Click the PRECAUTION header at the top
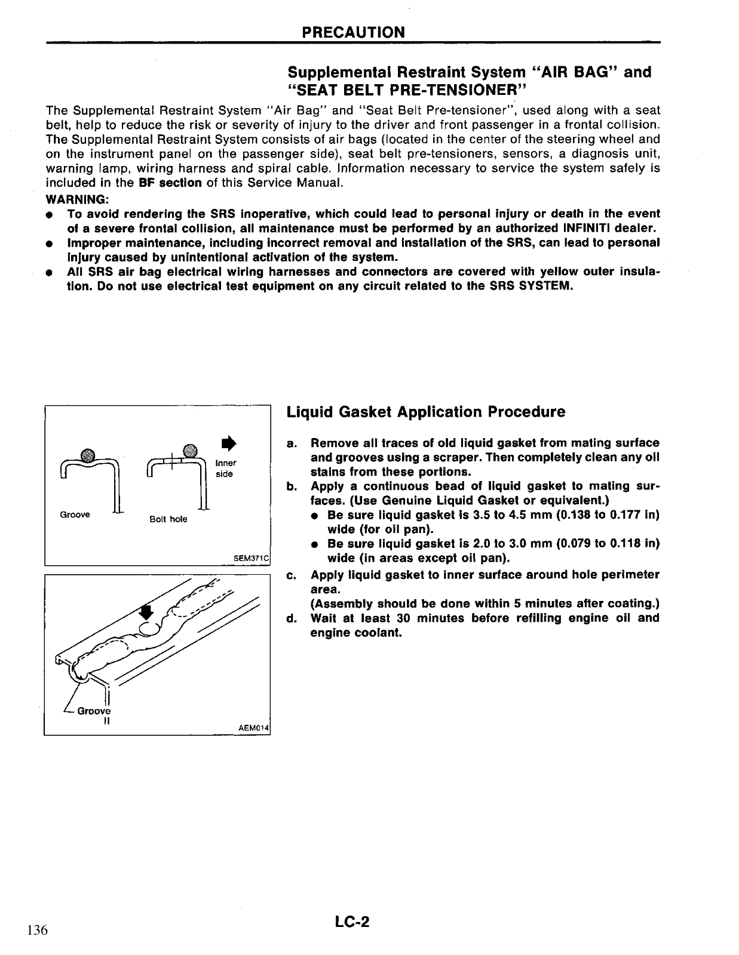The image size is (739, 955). coord(353,32)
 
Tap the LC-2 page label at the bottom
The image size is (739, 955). coord(352,922)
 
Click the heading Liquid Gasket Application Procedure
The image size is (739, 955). coord(426,412)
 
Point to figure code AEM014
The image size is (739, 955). coord(254,729)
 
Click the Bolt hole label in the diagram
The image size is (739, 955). coord(168,519)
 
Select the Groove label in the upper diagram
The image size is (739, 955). coord(75,515)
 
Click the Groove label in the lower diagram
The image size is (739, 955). coord(94,711)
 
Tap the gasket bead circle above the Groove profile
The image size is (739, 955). coord(87,452)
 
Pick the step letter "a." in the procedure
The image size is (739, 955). coord(292,443)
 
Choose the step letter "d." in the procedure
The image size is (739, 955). coord(292,618)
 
